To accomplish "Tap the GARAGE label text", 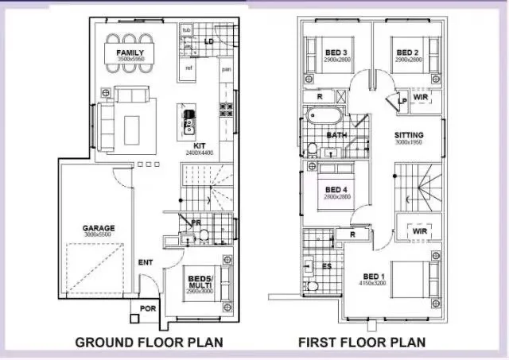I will coord(99,228).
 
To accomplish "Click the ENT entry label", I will coord(146,261).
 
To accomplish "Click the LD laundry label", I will coord(209,41).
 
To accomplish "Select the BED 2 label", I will coord(408,53).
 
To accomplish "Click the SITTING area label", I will coord(410,135).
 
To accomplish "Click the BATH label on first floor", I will coord(337,136).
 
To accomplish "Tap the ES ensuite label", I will coord(328,265).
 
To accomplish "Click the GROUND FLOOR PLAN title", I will coord(148,343).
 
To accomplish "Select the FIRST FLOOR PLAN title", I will coord(361,343).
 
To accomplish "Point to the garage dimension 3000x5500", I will coord(99,236).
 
